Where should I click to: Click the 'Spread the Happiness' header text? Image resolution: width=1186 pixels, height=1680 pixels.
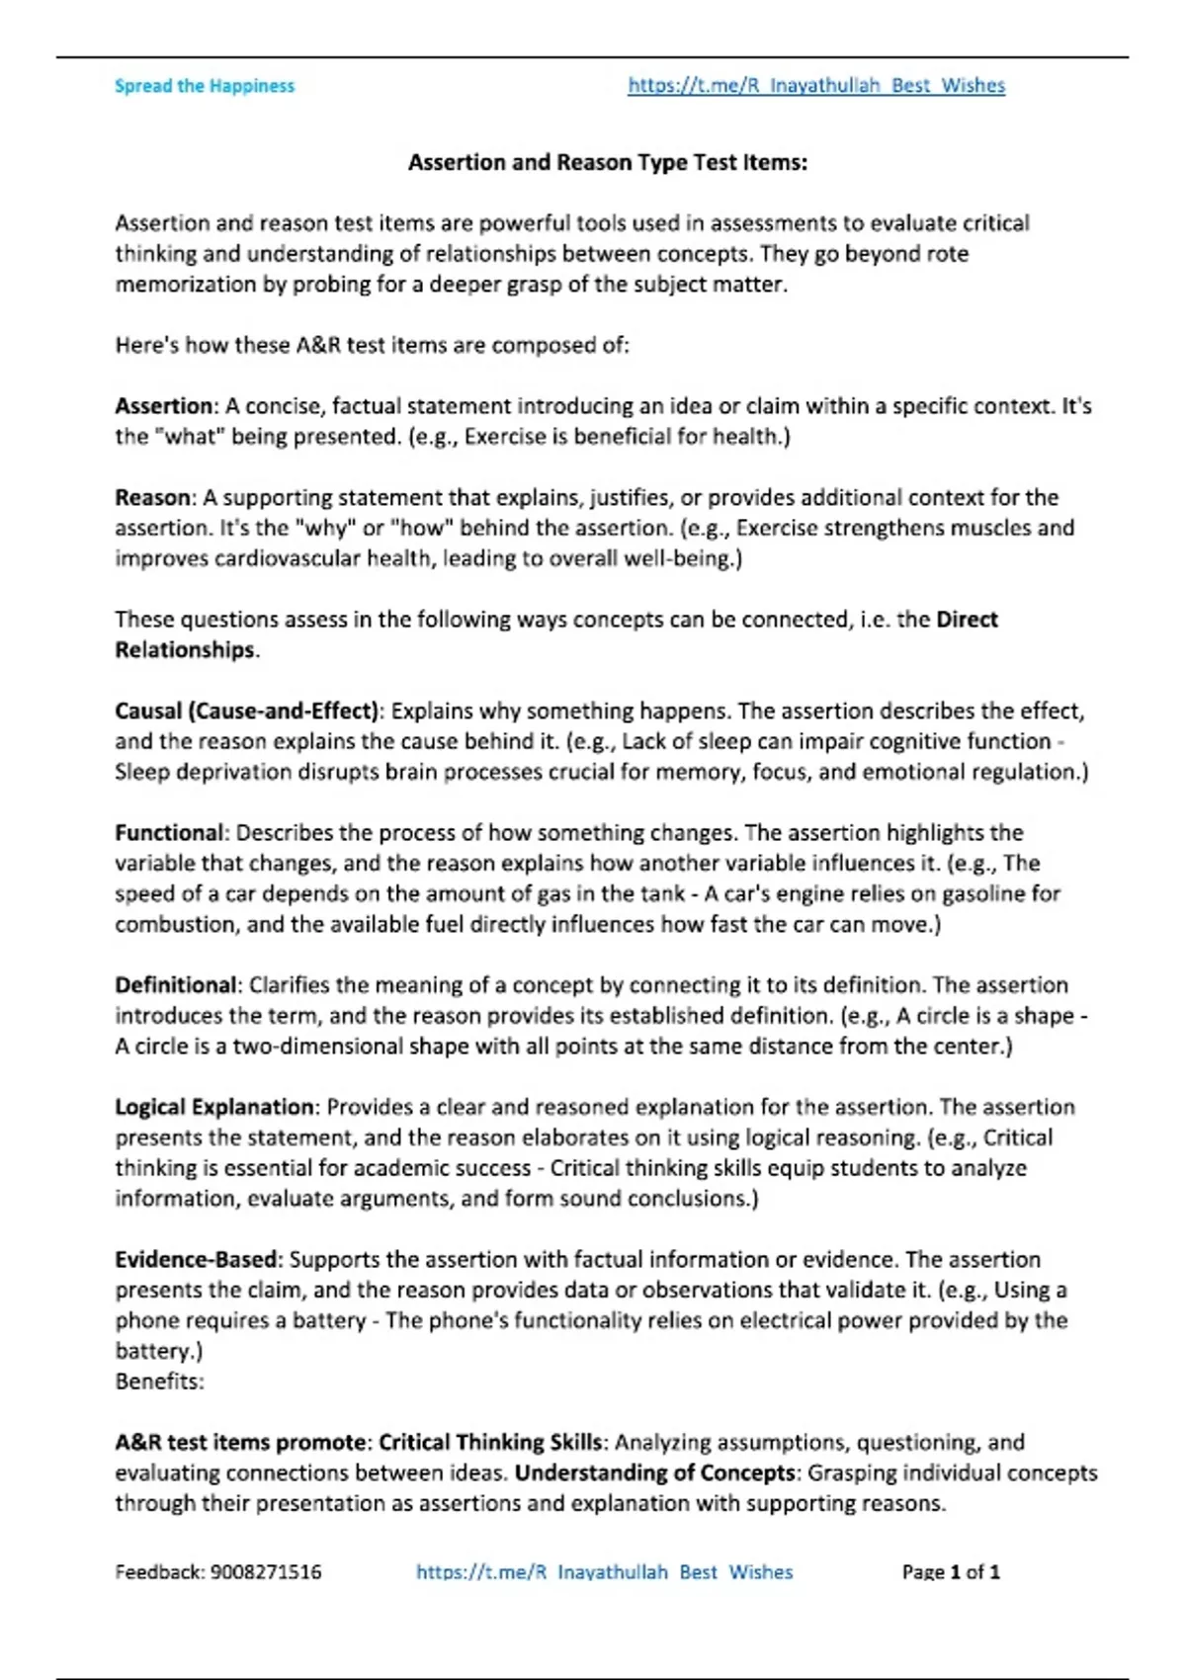coord(205,86)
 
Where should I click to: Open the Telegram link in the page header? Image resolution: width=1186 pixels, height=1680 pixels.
coord(816,86)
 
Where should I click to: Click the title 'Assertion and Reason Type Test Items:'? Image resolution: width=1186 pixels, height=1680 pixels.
coord(608,162)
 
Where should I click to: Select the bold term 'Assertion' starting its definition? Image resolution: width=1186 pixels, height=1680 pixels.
coord(163,406)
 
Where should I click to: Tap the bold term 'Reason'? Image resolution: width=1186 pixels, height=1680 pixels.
coord(153,497)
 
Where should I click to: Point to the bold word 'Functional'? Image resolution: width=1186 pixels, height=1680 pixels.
coord(169,832)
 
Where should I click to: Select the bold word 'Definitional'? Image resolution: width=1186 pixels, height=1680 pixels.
coord(176,985)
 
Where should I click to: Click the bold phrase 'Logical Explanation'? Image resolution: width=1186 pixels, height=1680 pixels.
coord(214,1107)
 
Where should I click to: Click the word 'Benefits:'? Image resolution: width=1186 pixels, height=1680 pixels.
coord(159,1382)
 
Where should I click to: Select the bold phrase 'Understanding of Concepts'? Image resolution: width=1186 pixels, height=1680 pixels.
coord(655,1472)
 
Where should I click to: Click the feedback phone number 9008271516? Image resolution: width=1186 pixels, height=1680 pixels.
coord(266,1571)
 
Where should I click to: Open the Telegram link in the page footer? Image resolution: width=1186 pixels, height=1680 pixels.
coord(604,1571)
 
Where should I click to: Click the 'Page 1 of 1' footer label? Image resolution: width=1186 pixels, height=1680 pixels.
coord(951,1571)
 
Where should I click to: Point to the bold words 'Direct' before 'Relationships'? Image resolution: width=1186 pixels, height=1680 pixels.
coord(967,620)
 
